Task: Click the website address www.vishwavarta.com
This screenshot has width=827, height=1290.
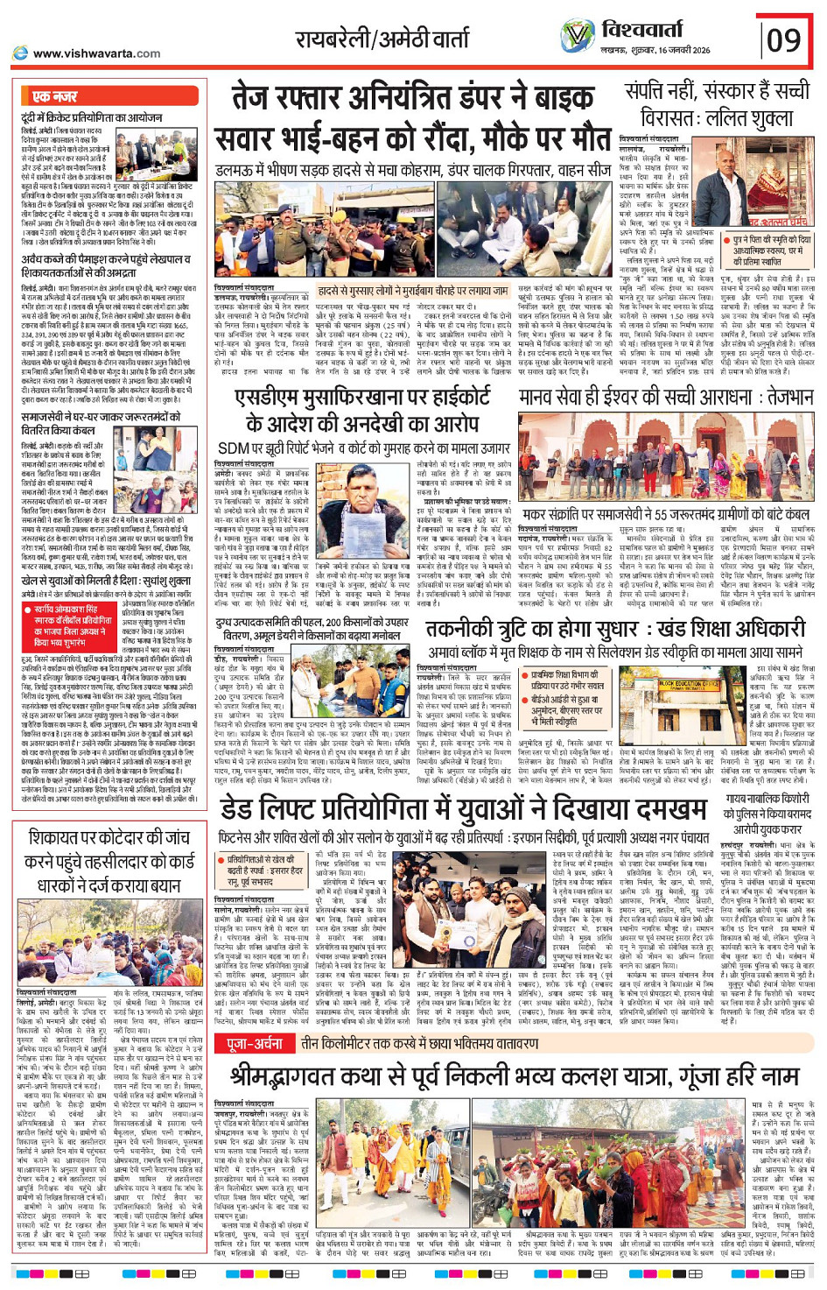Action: [96, 53]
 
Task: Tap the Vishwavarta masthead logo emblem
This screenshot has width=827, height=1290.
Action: [578, 36]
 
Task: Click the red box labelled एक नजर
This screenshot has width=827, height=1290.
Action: [55, 95]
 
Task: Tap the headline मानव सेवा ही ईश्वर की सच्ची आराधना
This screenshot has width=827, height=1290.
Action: [665, 398]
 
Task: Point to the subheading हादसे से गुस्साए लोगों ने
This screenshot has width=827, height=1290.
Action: [412, 290]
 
